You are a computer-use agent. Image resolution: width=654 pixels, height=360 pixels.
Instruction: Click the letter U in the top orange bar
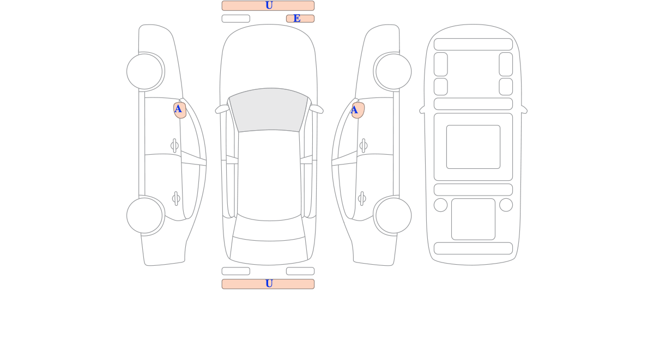click(x=269, y=5)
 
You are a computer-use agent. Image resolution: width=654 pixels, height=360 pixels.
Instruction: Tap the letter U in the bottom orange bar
click(x=269, y=284)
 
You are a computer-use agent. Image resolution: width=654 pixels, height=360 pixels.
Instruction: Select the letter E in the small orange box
click(x=297, y=19)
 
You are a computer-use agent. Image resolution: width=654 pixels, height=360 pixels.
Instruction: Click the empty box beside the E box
click(x=236, y=19)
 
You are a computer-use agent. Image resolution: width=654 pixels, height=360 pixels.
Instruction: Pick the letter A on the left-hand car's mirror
click(x=178, y=109)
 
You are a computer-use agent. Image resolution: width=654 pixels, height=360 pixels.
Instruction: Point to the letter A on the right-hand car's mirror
click(x=354, y=110)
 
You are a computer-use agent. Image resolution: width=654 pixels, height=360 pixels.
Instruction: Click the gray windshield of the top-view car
click(x=269, y=110)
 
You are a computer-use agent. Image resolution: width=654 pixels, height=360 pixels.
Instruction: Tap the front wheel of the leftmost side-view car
click(x=144, y=71)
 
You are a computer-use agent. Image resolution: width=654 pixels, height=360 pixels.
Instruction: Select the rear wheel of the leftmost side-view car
click(x=144, y=216)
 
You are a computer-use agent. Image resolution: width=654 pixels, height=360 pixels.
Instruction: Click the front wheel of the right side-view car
click(x=393, y=71)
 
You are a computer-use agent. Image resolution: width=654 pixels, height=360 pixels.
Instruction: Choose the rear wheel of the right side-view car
click(x=393, y=216)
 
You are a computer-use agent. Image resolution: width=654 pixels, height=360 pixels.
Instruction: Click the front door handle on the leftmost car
click(x=174, y=145)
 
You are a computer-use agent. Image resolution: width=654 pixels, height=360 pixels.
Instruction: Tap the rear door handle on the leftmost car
click(x=176, y=199)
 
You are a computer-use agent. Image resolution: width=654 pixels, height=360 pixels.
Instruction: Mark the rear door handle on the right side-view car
click(x=362, y=199)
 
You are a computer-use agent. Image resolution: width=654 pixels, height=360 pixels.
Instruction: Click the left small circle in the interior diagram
click(x=440, y=205)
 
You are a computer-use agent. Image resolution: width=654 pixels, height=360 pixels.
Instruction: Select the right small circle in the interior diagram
click(x=506, y=205)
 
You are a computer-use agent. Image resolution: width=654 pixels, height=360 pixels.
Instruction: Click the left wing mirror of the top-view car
click(x=222, y=109)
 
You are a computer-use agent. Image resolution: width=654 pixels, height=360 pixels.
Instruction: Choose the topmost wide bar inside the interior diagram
click(x=473, y=44)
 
